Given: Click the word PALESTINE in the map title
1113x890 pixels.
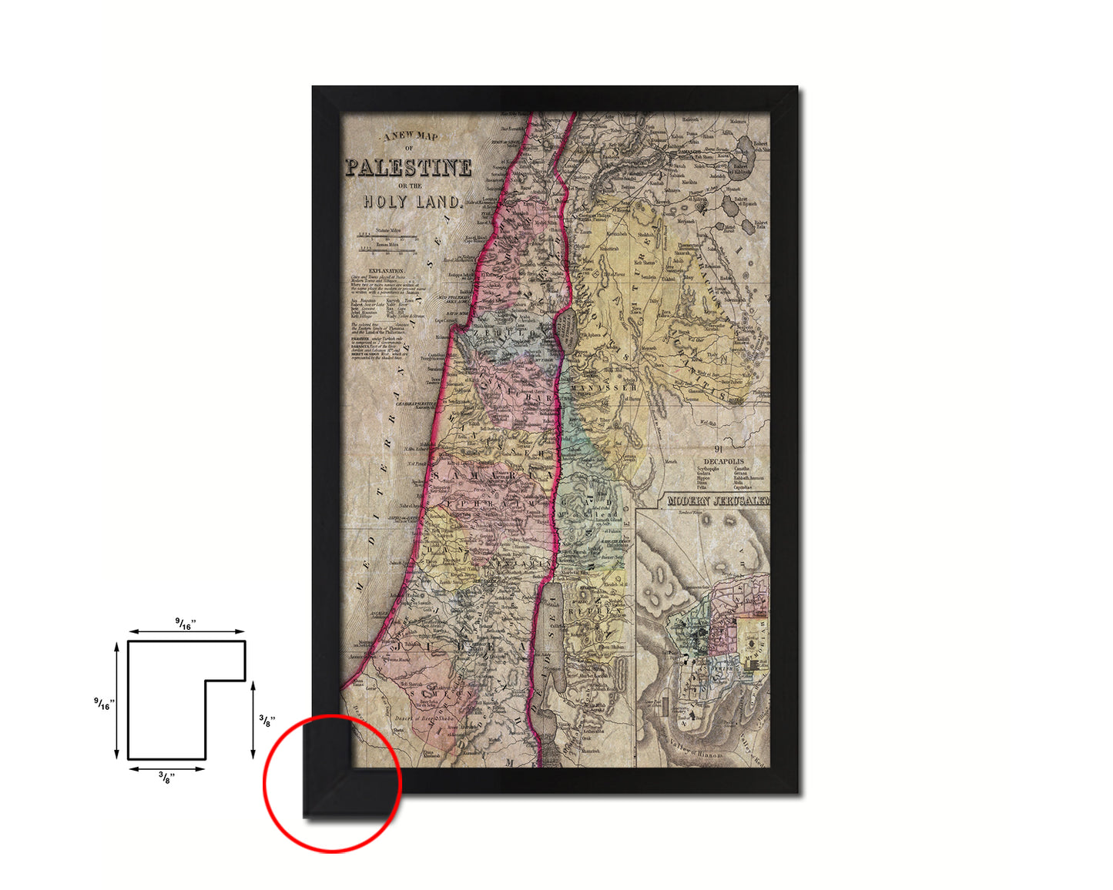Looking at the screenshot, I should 408,168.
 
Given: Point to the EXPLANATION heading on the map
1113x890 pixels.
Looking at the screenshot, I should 386,271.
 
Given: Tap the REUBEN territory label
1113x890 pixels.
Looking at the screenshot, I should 588,612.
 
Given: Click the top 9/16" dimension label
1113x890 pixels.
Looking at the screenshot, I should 186,623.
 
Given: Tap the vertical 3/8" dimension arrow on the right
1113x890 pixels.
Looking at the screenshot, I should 253,720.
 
